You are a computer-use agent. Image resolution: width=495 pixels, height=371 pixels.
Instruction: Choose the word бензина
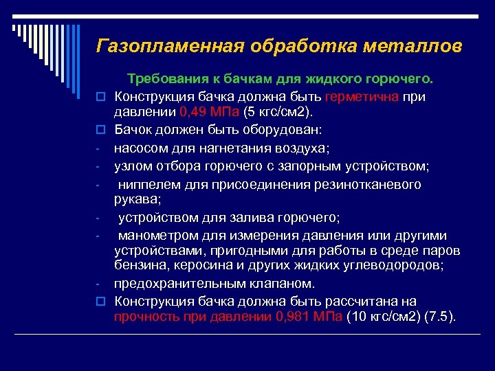[140, 266]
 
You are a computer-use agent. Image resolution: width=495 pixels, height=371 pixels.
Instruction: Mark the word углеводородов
[399, 266]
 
